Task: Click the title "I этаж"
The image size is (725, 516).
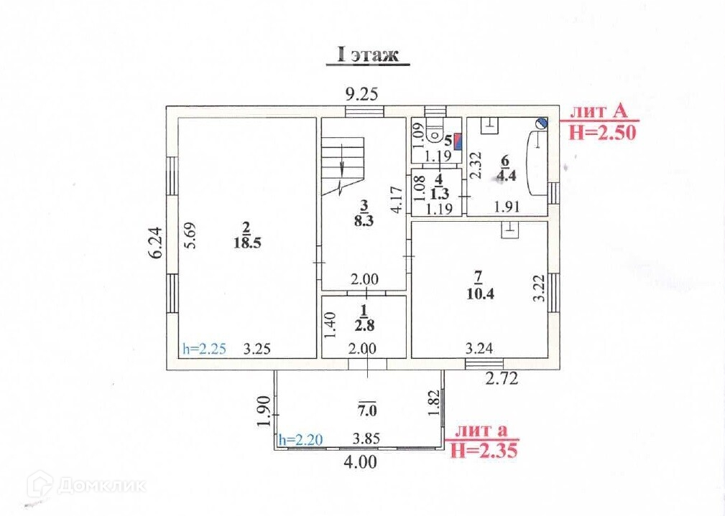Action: [367, 55]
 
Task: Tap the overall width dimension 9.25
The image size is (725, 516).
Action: [361, 93]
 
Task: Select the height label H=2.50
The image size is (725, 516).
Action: [602, 131]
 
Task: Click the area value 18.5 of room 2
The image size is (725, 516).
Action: [246, 243]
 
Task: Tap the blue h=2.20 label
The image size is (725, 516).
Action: [300, 438]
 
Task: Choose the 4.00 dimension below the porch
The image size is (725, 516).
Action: [360, 463]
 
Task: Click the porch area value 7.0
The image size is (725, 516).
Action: [367, 412]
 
